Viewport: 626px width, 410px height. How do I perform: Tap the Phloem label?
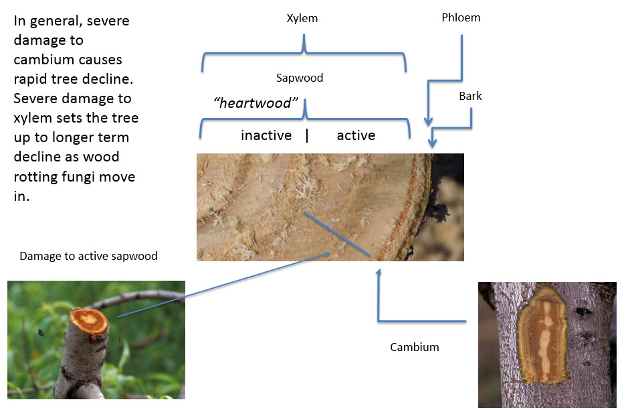tap(461, 18)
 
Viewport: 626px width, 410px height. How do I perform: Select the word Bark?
tap(470, 96)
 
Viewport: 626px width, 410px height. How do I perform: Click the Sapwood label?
tap(300, 78)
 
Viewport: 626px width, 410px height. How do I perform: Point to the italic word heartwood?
tap(255, 102)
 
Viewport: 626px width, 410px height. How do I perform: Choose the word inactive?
tap(266, 136)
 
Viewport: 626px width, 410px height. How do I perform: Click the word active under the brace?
tap(356, 136)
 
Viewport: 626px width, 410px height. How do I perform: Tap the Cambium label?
tap(414, 347)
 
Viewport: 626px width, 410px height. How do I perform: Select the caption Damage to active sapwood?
tap(88, 256)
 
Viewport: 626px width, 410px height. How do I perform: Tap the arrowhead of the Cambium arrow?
tap(379, 271)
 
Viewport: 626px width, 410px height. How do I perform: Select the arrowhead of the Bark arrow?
tap(433, 143)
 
